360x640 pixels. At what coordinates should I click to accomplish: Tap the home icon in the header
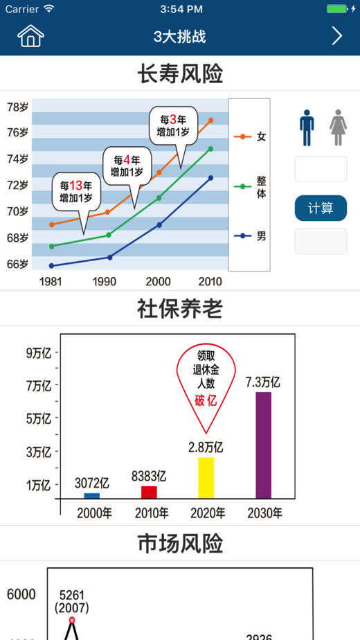click(30, 36)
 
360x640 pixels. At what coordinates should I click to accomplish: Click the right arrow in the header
click(336, 36)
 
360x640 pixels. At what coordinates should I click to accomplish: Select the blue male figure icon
click(307, 127)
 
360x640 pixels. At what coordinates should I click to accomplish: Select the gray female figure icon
click(338, 127)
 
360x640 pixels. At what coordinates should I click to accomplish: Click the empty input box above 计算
click(321, 169)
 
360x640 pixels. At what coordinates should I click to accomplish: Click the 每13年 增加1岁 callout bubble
click(76, 193)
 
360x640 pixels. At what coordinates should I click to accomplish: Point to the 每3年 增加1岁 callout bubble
click(173, 126)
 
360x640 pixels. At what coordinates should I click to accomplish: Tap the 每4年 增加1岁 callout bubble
click(127, 166)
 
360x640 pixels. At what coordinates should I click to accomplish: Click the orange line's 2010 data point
click(210, 121)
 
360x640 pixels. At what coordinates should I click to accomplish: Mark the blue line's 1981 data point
click(51, 266)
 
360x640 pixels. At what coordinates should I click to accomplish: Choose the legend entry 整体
click(250, 186)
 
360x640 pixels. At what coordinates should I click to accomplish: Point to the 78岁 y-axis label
click(17, 107)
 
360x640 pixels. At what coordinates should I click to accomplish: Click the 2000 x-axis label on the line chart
click(159, 282)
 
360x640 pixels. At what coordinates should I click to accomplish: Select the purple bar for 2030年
click(263, 445)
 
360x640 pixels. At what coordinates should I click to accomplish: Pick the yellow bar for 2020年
click(206, 477)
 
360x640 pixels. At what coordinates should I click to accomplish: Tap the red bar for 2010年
click(149, 492)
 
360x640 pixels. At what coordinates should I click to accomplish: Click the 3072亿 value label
click(92, 483)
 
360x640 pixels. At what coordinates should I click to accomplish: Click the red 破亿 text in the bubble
click(206, 401)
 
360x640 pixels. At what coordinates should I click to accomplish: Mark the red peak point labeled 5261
click(72, 620)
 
